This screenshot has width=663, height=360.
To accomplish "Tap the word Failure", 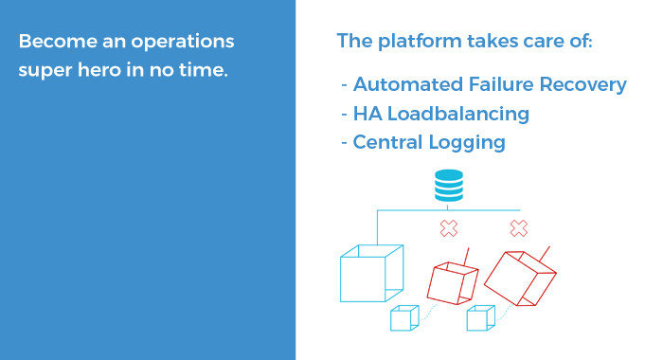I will (x=501, y=84).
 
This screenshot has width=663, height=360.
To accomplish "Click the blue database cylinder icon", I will (x=448, y=185).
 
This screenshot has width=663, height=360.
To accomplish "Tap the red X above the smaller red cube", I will (x=449, y=228).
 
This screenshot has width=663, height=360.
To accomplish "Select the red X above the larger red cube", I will (x=518, y=228).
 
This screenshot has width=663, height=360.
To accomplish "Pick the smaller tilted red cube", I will (x=452, y=280).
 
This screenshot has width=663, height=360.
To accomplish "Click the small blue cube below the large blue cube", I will (x=403, y=318).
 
